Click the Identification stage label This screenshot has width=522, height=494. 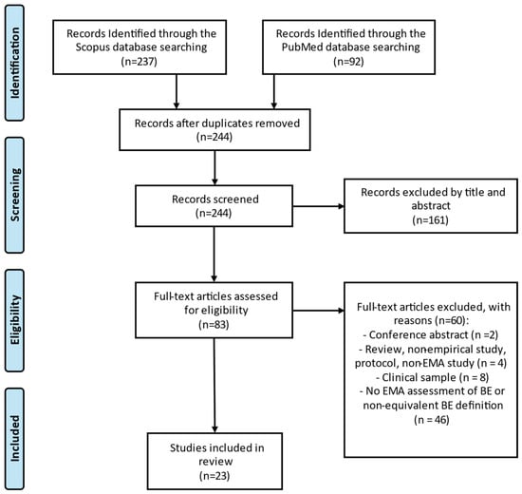[x=14, y=63]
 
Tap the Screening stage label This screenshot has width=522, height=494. [x=14, y=195]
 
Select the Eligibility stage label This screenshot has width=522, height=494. [x=14, y=320]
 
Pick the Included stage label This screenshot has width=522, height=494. [x=14, y=438]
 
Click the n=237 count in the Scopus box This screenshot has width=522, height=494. [x=140, y=62]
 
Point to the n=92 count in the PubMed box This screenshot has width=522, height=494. [x=348, y=62]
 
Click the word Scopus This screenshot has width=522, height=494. [x=92, y=47]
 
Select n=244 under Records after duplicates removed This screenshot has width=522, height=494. [x=214, y=137]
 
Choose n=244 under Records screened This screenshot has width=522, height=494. [x=214, y=213]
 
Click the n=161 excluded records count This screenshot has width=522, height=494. [x=430, y=220]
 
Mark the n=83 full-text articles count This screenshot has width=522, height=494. [x=214, y=324]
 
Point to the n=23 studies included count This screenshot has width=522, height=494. [x=214, y=476]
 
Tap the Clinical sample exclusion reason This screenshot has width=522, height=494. [x=432, y=377]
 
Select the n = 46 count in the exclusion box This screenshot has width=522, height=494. [x=432, y=420]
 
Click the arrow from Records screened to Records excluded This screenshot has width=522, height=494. [x=318, y=206]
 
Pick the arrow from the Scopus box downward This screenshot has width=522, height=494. [x=177, y=91]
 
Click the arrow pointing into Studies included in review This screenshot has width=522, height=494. [x=214, y=386]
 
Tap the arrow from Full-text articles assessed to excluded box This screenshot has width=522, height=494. [x=318, y=311]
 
